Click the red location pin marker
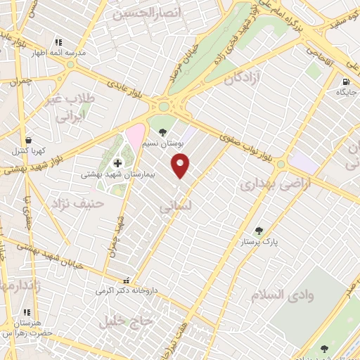tap(181, 166)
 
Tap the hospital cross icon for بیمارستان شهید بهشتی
tap(117, 162)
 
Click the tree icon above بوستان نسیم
tap(163, 131)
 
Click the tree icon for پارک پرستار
tap(259, 230)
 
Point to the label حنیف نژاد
tap(77, 204)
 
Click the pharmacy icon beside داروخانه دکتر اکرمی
tap(126, 280)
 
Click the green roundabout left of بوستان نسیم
tap(164, 107)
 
